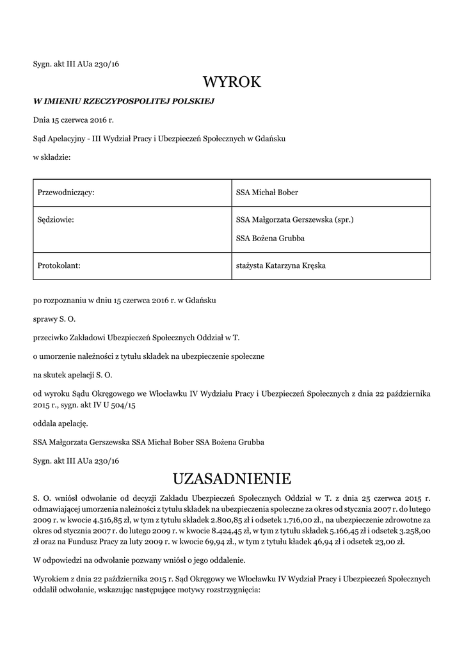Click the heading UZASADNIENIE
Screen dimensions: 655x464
[x=232, y=478]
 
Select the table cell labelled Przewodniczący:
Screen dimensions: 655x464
[x=67, y=193]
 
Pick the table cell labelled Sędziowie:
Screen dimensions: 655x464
[x=56, y=220]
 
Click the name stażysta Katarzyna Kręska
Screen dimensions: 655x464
[x=281, y=265]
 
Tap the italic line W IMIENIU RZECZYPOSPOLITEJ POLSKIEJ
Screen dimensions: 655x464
[x=124, y=100]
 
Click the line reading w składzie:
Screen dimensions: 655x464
[x=52, y=157]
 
